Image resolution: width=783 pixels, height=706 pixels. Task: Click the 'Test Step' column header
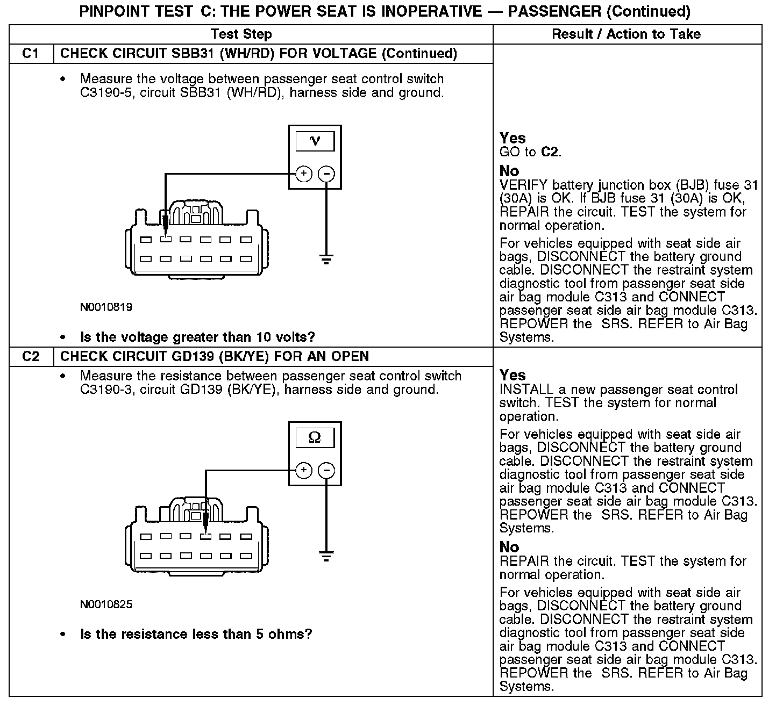pos(241,34)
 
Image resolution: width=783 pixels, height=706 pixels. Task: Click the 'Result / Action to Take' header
pos(627,34)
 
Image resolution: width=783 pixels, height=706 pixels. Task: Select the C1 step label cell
pos(31,54)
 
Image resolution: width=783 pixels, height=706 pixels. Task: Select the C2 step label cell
pos(31,356)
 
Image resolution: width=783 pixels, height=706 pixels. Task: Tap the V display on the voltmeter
pos(315,141)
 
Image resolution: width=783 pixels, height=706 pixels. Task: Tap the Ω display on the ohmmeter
pos(315,438)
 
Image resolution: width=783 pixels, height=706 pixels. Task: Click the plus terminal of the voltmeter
pos(304,174)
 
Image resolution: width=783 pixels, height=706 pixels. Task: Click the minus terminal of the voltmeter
pos(326,174)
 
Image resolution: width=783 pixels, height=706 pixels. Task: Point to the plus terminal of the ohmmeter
pos(304,471)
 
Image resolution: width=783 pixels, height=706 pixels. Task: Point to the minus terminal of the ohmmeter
pos(326,471)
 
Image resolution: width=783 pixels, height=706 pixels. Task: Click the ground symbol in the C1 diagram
pos(326,260)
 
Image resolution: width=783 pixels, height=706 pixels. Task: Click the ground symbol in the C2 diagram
pos(326,556)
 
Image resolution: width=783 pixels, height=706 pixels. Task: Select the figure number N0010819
pos(106,308)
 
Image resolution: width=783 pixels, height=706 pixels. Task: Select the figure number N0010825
pos(106,604)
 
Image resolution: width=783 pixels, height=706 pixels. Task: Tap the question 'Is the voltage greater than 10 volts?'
pos(197,337)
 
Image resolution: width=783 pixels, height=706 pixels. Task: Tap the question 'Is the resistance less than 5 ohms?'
pos(196,634)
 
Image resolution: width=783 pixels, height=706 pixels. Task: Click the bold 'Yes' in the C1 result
pos(512,138)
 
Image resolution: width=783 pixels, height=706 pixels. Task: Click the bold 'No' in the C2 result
pos(509,547)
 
